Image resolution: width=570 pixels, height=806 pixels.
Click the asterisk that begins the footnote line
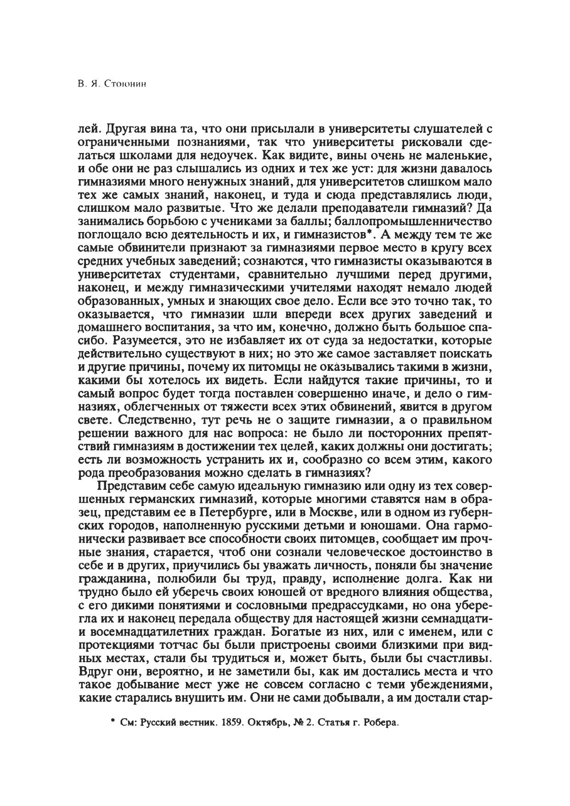(112, 722)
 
